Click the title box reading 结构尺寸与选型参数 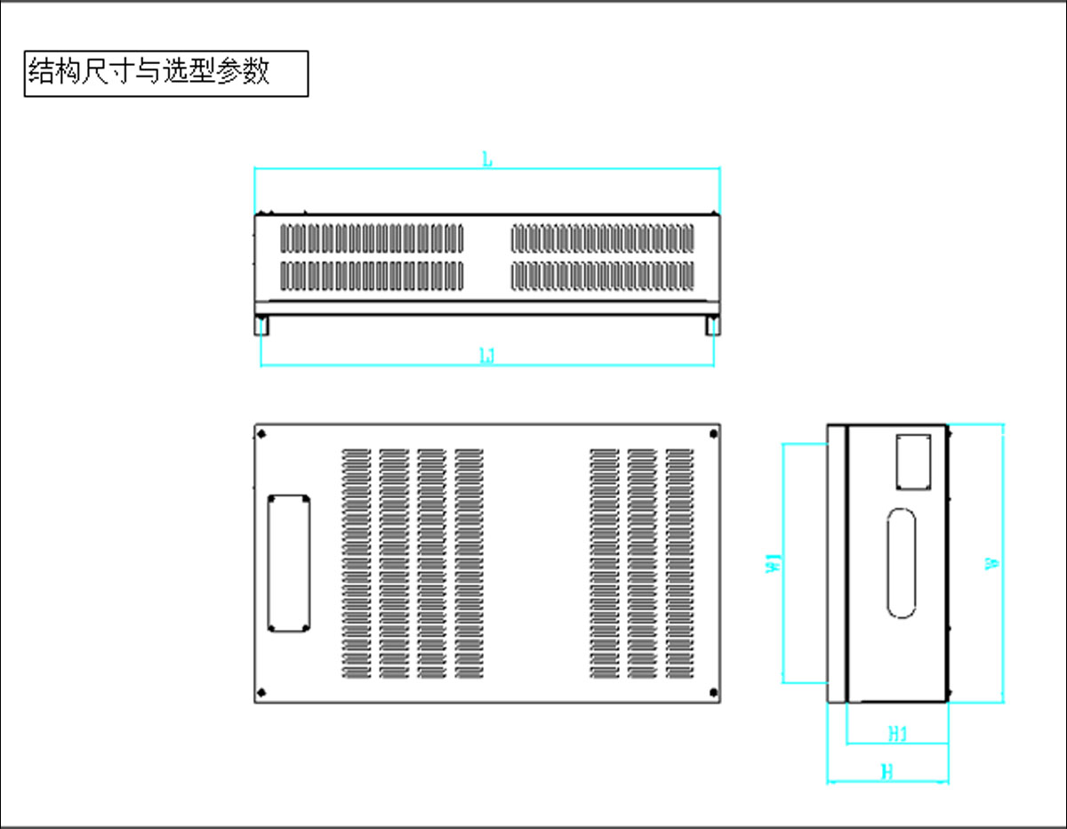[166, 73]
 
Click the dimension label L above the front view [487, 160]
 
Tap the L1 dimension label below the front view [487, 357]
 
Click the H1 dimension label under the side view [898, 734]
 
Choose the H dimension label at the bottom [886, 772]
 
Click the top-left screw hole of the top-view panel [261, 434]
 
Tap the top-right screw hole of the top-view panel [713, 434]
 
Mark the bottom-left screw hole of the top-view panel [261, 693]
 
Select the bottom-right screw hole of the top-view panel [713, 693]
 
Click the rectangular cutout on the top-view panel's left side [288, 563]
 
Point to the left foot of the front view [261, 326]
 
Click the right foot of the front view [713, 326]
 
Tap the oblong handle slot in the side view [902, 563]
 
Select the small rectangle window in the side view [913, 461]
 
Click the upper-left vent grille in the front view [373, 237]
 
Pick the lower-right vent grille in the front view [603, 276]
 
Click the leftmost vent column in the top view [357, 563]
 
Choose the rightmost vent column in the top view [680, 563]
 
